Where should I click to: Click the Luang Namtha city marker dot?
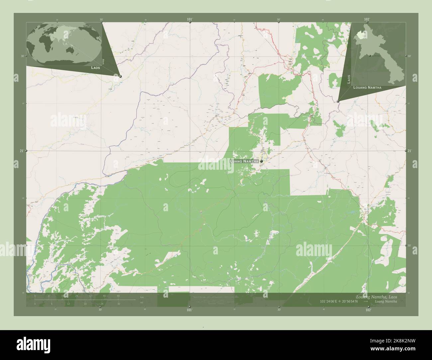262,161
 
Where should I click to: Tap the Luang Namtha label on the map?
244,161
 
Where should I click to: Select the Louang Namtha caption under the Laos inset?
367,87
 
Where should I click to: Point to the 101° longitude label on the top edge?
189,20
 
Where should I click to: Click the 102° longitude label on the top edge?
367,20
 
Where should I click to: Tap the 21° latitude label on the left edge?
21,151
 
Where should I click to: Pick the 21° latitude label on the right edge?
410,151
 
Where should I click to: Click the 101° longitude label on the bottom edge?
189,310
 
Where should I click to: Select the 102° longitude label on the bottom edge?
368,310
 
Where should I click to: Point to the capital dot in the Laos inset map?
370,55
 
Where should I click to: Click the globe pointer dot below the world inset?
120,76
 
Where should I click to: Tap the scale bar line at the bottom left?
85,300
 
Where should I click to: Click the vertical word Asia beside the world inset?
103,61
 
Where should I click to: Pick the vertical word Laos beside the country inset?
349,79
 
